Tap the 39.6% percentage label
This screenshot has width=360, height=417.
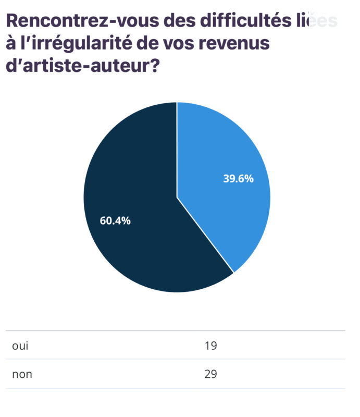(238, 179)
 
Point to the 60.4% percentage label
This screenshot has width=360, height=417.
(115, 220)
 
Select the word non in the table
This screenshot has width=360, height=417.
(22, 374)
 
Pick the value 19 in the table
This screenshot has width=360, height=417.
(211, 346)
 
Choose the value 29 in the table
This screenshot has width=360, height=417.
(211, 374)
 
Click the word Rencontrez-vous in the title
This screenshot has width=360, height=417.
(73, 21)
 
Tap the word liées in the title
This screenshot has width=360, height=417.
(318, 21)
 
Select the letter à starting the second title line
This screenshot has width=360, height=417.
(10, 44)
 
